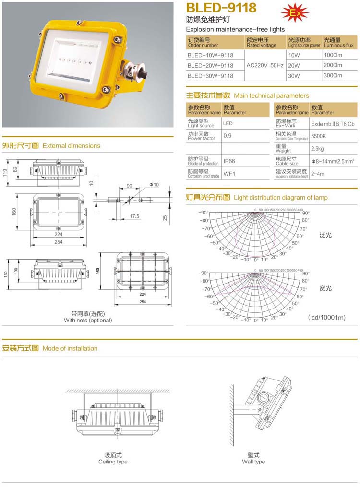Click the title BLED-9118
coord(221,8)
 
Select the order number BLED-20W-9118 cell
coord(211,65)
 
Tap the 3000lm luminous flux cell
coord(333,75)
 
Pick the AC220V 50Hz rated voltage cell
coord(264,65)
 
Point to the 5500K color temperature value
coord(319,136)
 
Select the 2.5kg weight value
coord(317,149)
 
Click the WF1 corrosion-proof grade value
coord(228,174)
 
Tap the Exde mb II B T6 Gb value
coord(333,123)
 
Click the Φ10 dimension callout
coord(154,185)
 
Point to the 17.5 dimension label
coord(135,216)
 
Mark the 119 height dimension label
coord(4,172)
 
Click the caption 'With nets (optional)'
coord(88,320)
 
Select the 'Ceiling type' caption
coord(113,462)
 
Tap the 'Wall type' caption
coord(253,462)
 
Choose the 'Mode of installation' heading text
coord(70,348)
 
